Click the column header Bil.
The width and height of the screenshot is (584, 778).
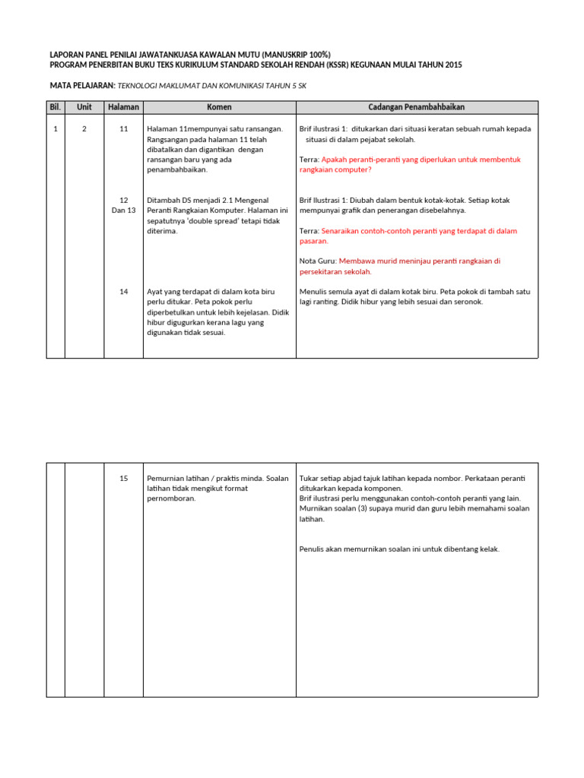[55, 107]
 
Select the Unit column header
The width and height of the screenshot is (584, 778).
[84, 107]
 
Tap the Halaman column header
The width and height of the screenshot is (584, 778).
[123, 107]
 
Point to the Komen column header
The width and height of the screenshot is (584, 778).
[219, 107]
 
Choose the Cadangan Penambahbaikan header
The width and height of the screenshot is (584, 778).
[416, 107]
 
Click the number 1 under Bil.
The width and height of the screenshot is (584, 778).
[56, 129]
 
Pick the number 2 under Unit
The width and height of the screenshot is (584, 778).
[84, 129]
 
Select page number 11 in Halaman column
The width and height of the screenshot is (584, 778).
[123, 129]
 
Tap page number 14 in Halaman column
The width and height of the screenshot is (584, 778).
[123, 292]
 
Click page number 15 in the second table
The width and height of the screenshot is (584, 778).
[123, 478]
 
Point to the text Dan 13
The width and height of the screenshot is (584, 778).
[123, 210]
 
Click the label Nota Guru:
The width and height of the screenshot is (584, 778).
[318, 261]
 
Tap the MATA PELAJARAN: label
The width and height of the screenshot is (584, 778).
[81, 87]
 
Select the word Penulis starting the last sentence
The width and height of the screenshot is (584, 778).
[313, 549]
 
